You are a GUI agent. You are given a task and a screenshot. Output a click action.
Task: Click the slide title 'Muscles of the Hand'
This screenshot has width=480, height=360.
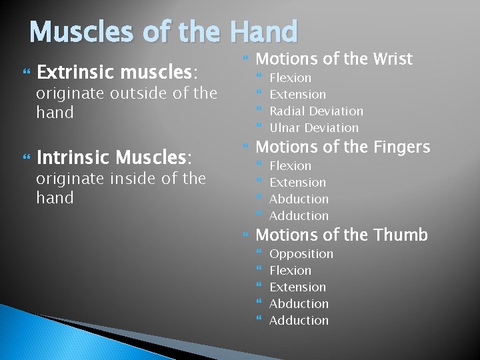[x=163, y=31]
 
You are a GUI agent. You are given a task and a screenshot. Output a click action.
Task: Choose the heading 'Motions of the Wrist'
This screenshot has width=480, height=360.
[x=334, y=59]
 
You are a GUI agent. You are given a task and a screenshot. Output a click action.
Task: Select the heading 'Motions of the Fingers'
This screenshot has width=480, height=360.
[x=343, y=147]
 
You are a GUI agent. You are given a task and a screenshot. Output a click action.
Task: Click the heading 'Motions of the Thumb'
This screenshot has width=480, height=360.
[x=341, y=235]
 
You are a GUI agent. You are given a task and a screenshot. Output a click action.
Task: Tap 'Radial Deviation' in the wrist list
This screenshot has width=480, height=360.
[x=316, y=111]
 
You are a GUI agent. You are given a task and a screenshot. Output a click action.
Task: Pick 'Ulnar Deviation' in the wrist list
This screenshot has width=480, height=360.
[x=313, y=128]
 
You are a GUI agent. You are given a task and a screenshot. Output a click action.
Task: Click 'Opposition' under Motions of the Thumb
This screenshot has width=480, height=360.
[x=301, y=254]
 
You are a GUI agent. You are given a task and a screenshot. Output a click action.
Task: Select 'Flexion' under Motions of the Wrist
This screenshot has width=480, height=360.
[x=290, y=78]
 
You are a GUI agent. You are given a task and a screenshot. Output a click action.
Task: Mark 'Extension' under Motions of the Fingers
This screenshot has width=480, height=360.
[x=297, y=183]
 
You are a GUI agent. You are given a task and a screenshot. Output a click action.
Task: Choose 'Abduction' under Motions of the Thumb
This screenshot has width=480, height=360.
[x=299, y=304]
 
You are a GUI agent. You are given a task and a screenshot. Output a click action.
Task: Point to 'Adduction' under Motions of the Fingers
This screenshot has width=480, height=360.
[x=299, y=216]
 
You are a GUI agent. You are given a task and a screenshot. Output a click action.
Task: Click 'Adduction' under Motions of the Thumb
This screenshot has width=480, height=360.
[x=299, y=321]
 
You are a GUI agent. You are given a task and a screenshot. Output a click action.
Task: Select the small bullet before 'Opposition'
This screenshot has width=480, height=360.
[x=260, y=254]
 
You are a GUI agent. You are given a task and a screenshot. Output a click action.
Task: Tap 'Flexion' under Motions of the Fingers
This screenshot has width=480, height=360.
[x=290, y=166]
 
